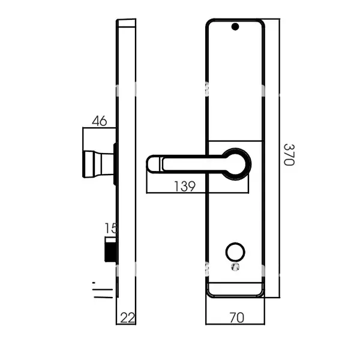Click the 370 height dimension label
click(x=289, y=155)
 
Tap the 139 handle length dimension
click(x=184, y=187)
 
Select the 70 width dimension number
click(x=236, y=317)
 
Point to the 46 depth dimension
click(x=99, y=121)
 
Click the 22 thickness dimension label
click(x=127, y=317)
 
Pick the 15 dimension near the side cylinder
click(x=110, y=228)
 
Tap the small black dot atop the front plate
click(x=235, y=26)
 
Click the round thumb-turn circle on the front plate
click(x=235, y=251)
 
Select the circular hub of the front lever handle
click(x=238, y=164)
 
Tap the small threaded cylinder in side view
click(x=110, y=249)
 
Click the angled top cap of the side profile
click(x=126, y=23)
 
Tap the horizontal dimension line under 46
click(x=99, y=128)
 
